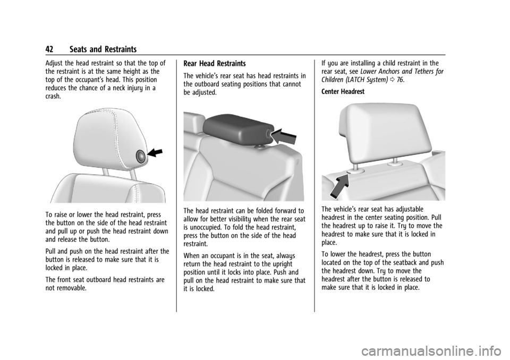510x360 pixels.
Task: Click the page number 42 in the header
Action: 49,49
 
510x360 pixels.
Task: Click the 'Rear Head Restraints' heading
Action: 214,63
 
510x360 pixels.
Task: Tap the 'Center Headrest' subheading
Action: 343,92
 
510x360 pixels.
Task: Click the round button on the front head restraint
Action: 141,157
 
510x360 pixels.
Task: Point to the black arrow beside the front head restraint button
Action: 155,152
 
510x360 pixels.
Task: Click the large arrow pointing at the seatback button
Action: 339,186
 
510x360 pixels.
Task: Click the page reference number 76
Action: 400,80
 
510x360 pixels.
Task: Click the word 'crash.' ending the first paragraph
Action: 53,97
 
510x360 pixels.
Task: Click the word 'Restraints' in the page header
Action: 121,49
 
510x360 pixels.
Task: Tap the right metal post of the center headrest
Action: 395,161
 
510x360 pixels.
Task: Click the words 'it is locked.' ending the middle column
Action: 199,288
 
